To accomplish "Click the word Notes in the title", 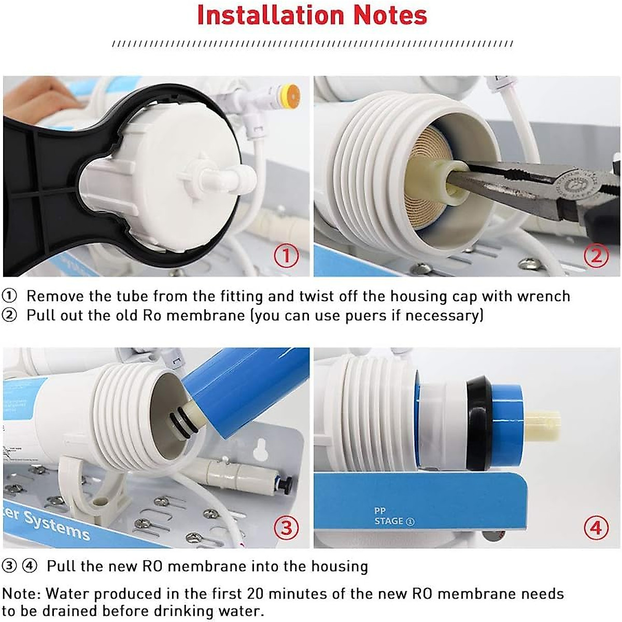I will (390, 15).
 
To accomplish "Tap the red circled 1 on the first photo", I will (286, 256).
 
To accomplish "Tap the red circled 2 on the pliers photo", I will (596, 256).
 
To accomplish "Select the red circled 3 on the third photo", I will (286, 528).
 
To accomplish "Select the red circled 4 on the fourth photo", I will (596, 528).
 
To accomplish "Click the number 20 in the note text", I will (256, 593).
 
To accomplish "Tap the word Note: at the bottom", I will (22, 593).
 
